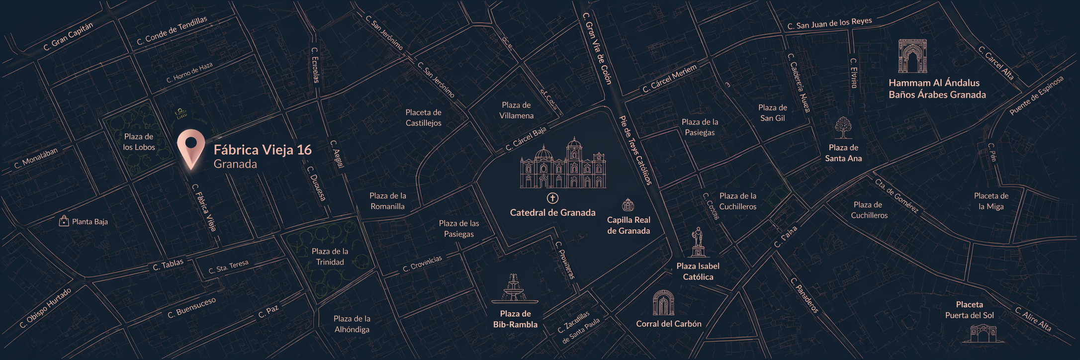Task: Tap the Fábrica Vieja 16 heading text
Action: [263, 150]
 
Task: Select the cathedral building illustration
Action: [563, 164]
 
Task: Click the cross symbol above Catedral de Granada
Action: [552, 198]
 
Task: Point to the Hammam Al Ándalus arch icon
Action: [912, 56]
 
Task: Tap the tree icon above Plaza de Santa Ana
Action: [843, 128]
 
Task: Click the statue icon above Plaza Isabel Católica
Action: [698, 243]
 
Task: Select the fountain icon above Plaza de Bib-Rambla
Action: [514, 289]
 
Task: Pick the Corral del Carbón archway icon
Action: [663, 303]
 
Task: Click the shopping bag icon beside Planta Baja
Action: [64, 221]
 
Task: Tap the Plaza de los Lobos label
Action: [139, 142]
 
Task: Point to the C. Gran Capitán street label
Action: [68, 37]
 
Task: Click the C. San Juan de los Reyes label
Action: [829, 23]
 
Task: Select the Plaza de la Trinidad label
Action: [330, 257]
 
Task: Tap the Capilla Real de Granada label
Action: [629, 225]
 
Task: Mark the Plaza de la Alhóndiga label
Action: [352, 324]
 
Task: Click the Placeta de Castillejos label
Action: [423, 118]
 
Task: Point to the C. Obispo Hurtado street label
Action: [45, 308]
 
